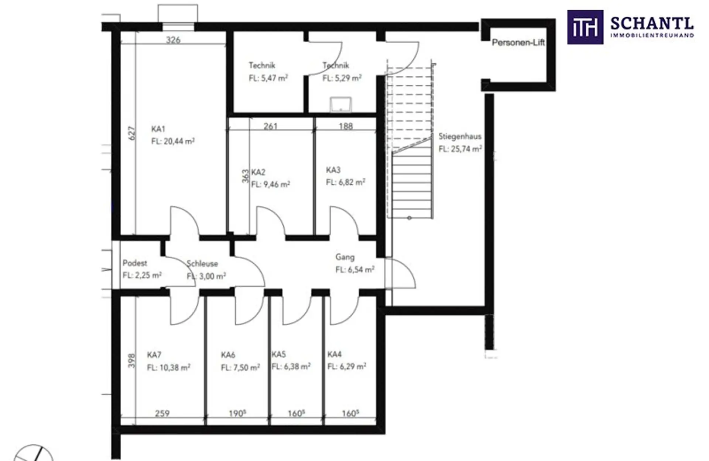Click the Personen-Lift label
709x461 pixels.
[518, 42]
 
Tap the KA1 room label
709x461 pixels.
[158, 129]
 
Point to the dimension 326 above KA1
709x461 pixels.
[173, 40]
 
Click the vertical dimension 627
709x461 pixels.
[132, 133]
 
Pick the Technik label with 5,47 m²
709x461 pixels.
[262, 65]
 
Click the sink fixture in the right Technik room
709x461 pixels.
[340, 104]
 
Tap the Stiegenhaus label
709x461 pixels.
[460, 136]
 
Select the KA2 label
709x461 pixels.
[258, 172]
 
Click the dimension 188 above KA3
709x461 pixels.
[346, 126]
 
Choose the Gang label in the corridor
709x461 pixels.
[345, 257]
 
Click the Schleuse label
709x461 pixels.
[202, 264]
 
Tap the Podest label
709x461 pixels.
[135, 263]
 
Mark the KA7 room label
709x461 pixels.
[154, 355]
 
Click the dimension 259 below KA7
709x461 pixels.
[162, 413]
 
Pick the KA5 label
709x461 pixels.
[279, 354]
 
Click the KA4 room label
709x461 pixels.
[335, 354]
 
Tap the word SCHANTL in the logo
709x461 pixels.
[652, 24]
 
